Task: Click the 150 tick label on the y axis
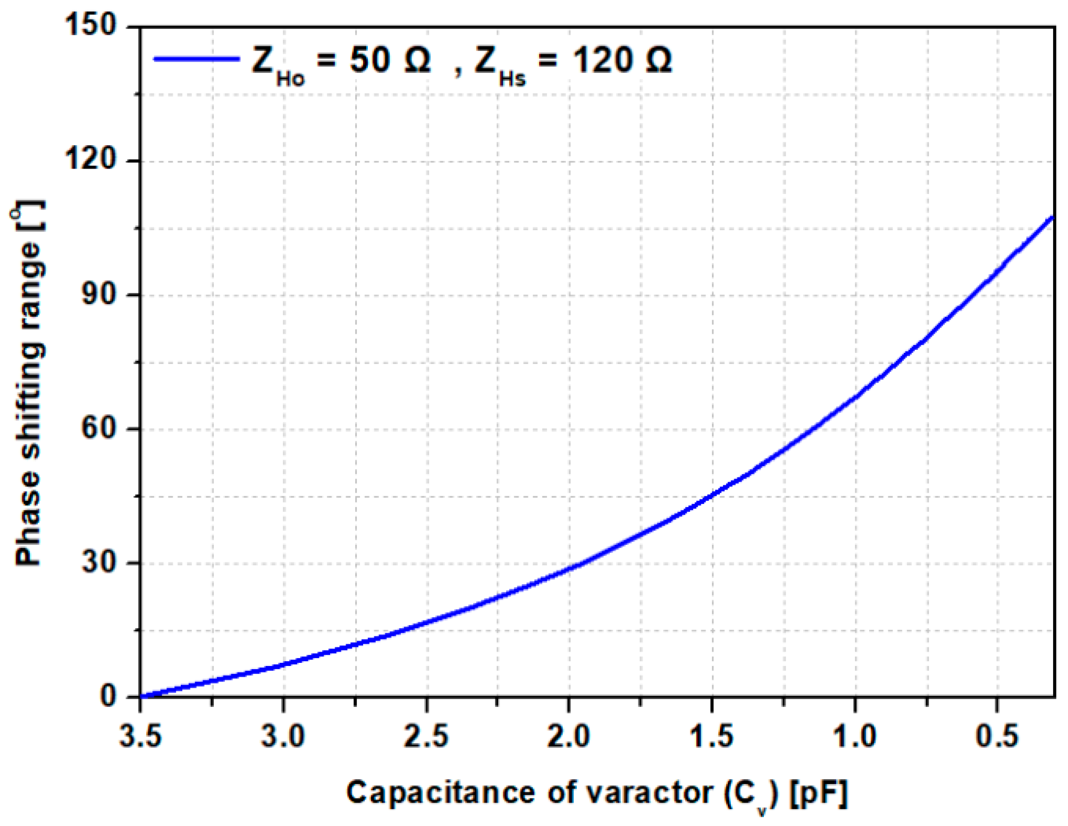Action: point(90,25)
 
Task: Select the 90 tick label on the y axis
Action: point(99,293)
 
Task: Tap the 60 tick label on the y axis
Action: point(99,428)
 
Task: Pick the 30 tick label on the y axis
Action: point(99,562)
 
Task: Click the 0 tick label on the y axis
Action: point(108,696)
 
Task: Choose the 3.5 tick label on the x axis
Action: point(140,737)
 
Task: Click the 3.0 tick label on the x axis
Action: point(283,737)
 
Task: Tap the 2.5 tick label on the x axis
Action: point(426,737)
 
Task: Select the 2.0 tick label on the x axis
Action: point(568,737)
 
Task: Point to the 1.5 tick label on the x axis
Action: point(711,737)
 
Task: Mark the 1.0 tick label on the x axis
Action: point(854,737)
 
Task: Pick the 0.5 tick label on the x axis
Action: point(997,737)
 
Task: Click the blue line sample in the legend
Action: point(197,59)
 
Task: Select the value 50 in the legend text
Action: point(370,60)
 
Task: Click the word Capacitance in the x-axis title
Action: point(441,793)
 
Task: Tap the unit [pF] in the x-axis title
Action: point(819,794)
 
